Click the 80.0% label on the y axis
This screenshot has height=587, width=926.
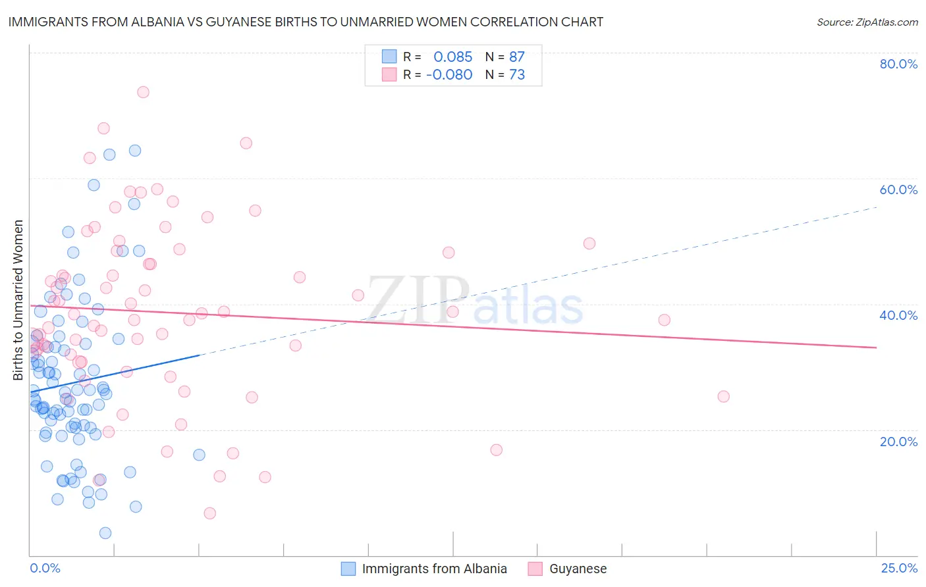(898, 64)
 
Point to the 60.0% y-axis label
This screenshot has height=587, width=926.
(898, 190)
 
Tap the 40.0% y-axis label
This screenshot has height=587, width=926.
(898, 315)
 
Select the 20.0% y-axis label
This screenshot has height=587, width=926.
(898, 442)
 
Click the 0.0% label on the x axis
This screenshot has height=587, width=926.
(45, 569)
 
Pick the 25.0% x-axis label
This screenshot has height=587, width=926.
(899, 569)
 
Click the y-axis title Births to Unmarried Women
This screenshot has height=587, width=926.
(18, 300)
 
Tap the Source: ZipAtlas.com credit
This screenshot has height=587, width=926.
(867, 22)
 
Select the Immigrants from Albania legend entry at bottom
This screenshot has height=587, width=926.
(434, 569)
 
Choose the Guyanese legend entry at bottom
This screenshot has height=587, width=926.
(578, 569)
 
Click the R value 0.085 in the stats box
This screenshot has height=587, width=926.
(452, 57)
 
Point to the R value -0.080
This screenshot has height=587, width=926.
(449, 75)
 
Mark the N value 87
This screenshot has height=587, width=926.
(517, 57)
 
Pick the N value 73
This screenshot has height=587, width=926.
(517, 75)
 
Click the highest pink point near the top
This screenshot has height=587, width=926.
(143, 92)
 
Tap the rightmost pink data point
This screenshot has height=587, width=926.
(723, 396)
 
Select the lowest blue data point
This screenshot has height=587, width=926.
(105, 533)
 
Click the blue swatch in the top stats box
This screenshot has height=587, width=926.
(389, 57)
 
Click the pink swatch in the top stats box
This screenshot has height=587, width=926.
(389, 74)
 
